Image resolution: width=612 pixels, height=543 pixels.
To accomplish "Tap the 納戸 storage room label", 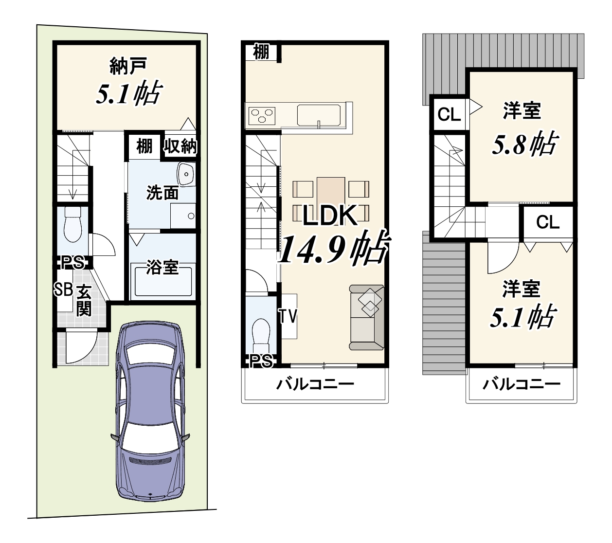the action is click(x=128, y=66).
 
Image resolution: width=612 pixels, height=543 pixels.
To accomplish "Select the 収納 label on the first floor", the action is click(x=180, y=147).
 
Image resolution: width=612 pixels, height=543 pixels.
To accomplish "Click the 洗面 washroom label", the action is click(x=162, y=193).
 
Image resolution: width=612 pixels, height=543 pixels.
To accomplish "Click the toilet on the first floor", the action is click(x=72, y=224).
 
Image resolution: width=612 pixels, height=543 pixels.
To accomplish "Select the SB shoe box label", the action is click(x=63, y=290).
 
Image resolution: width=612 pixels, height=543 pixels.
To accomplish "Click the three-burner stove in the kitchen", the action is click(x=262, y=116).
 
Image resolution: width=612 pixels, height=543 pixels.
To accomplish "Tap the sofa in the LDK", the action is click(x=367, y=317).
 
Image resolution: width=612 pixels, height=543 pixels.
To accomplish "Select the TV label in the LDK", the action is click(x=288, y=316).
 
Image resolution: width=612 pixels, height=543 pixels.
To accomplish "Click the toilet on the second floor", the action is click(x=261, y=333).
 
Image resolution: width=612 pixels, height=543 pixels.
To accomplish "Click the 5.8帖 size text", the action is click(x=524, y=145).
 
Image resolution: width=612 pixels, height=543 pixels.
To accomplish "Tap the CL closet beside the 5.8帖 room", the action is click(x=449, y=114).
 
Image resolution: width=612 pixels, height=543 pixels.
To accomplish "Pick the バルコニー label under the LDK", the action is click(x=315, y=384).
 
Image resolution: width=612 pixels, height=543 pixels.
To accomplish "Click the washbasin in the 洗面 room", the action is click(x=187, y=174).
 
